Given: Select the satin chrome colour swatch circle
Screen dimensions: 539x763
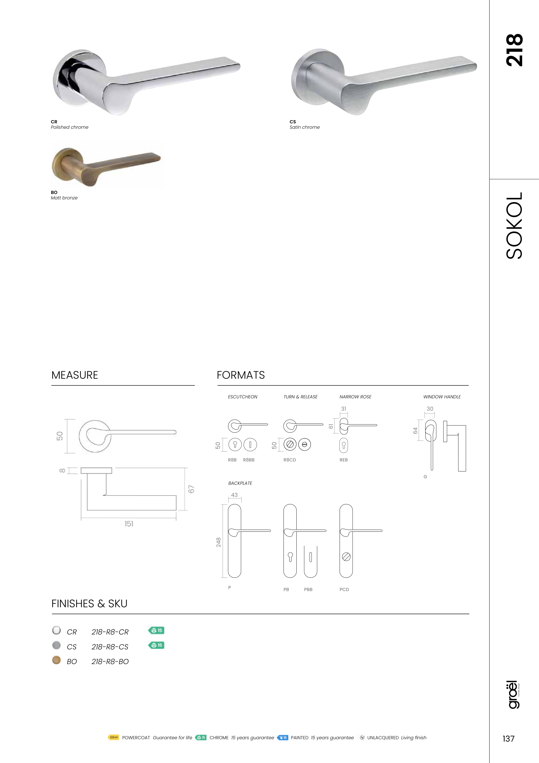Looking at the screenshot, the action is click(x=57, y=645).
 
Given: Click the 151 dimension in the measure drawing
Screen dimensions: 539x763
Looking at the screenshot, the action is click(x=129, y=524).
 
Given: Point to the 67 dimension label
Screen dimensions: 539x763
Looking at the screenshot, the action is click(x=191, y=489).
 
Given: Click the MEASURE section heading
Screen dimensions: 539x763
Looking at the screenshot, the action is click(x=75, y=375).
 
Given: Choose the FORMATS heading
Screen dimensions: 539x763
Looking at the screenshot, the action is click(x=241, y=375).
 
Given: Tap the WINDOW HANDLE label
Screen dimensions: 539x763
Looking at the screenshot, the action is click(x=442, y=397).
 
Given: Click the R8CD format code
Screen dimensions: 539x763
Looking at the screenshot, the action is click(x=290, y=460).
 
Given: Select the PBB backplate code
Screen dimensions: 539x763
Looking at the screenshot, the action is click(x=308, y=590).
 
